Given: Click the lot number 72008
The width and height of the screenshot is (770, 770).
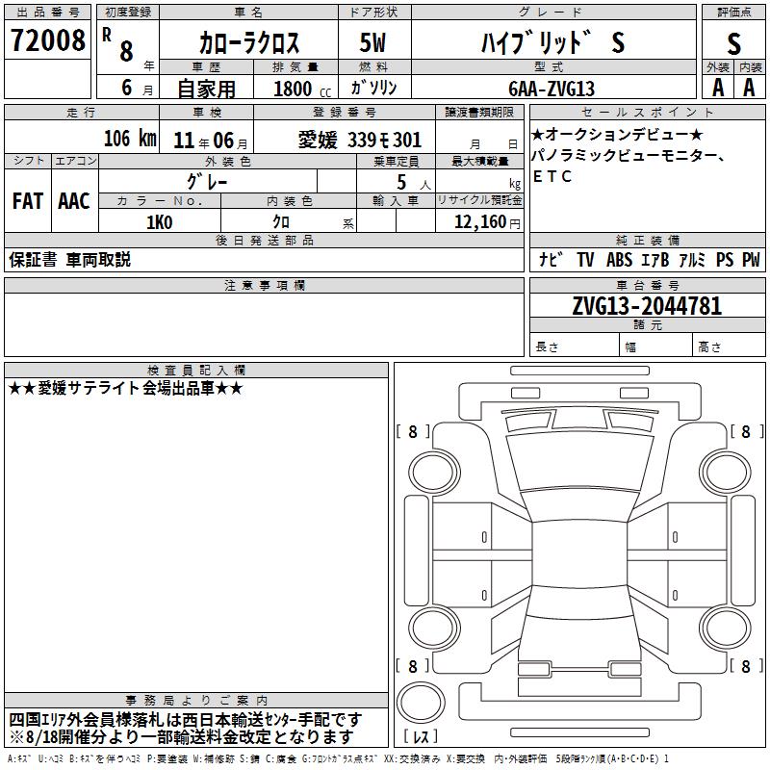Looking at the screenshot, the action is pyautogui.click(x=48, y=40).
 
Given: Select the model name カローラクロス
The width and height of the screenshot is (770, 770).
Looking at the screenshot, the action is pyautogui.click(x=249, y=42).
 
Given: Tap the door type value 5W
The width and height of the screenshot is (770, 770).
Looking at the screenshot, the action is pyautogui.click(x=372, y=42).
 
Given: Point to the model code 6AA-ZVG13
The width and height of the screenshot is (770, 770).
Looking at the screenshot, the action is pyautogui.click(x=552, y=89).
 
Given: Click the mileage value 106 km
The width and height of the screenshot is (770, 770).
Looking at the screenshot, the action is pyautogui.click(x=130, y=139).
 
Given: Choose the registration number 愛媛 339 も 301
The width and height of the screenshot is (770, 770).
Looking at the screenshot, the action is pyautogui.click(x=360, y=141).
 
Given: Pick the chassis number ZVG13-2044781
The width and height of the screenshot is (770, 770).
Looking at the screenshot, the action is pyautogui.click(x=647, y=306).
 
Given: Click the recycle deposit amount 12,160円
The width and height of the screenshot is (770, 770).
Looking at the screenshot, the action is pyautogui.click(x=487, y=222).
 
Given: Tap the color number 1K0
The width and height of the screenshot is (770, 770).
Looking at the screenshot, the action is pyautogui.click(x=160, y=222).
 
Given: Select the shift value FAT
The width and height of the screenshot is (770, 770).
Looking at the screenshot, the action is pyautogui.click(x=28, y=201).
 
